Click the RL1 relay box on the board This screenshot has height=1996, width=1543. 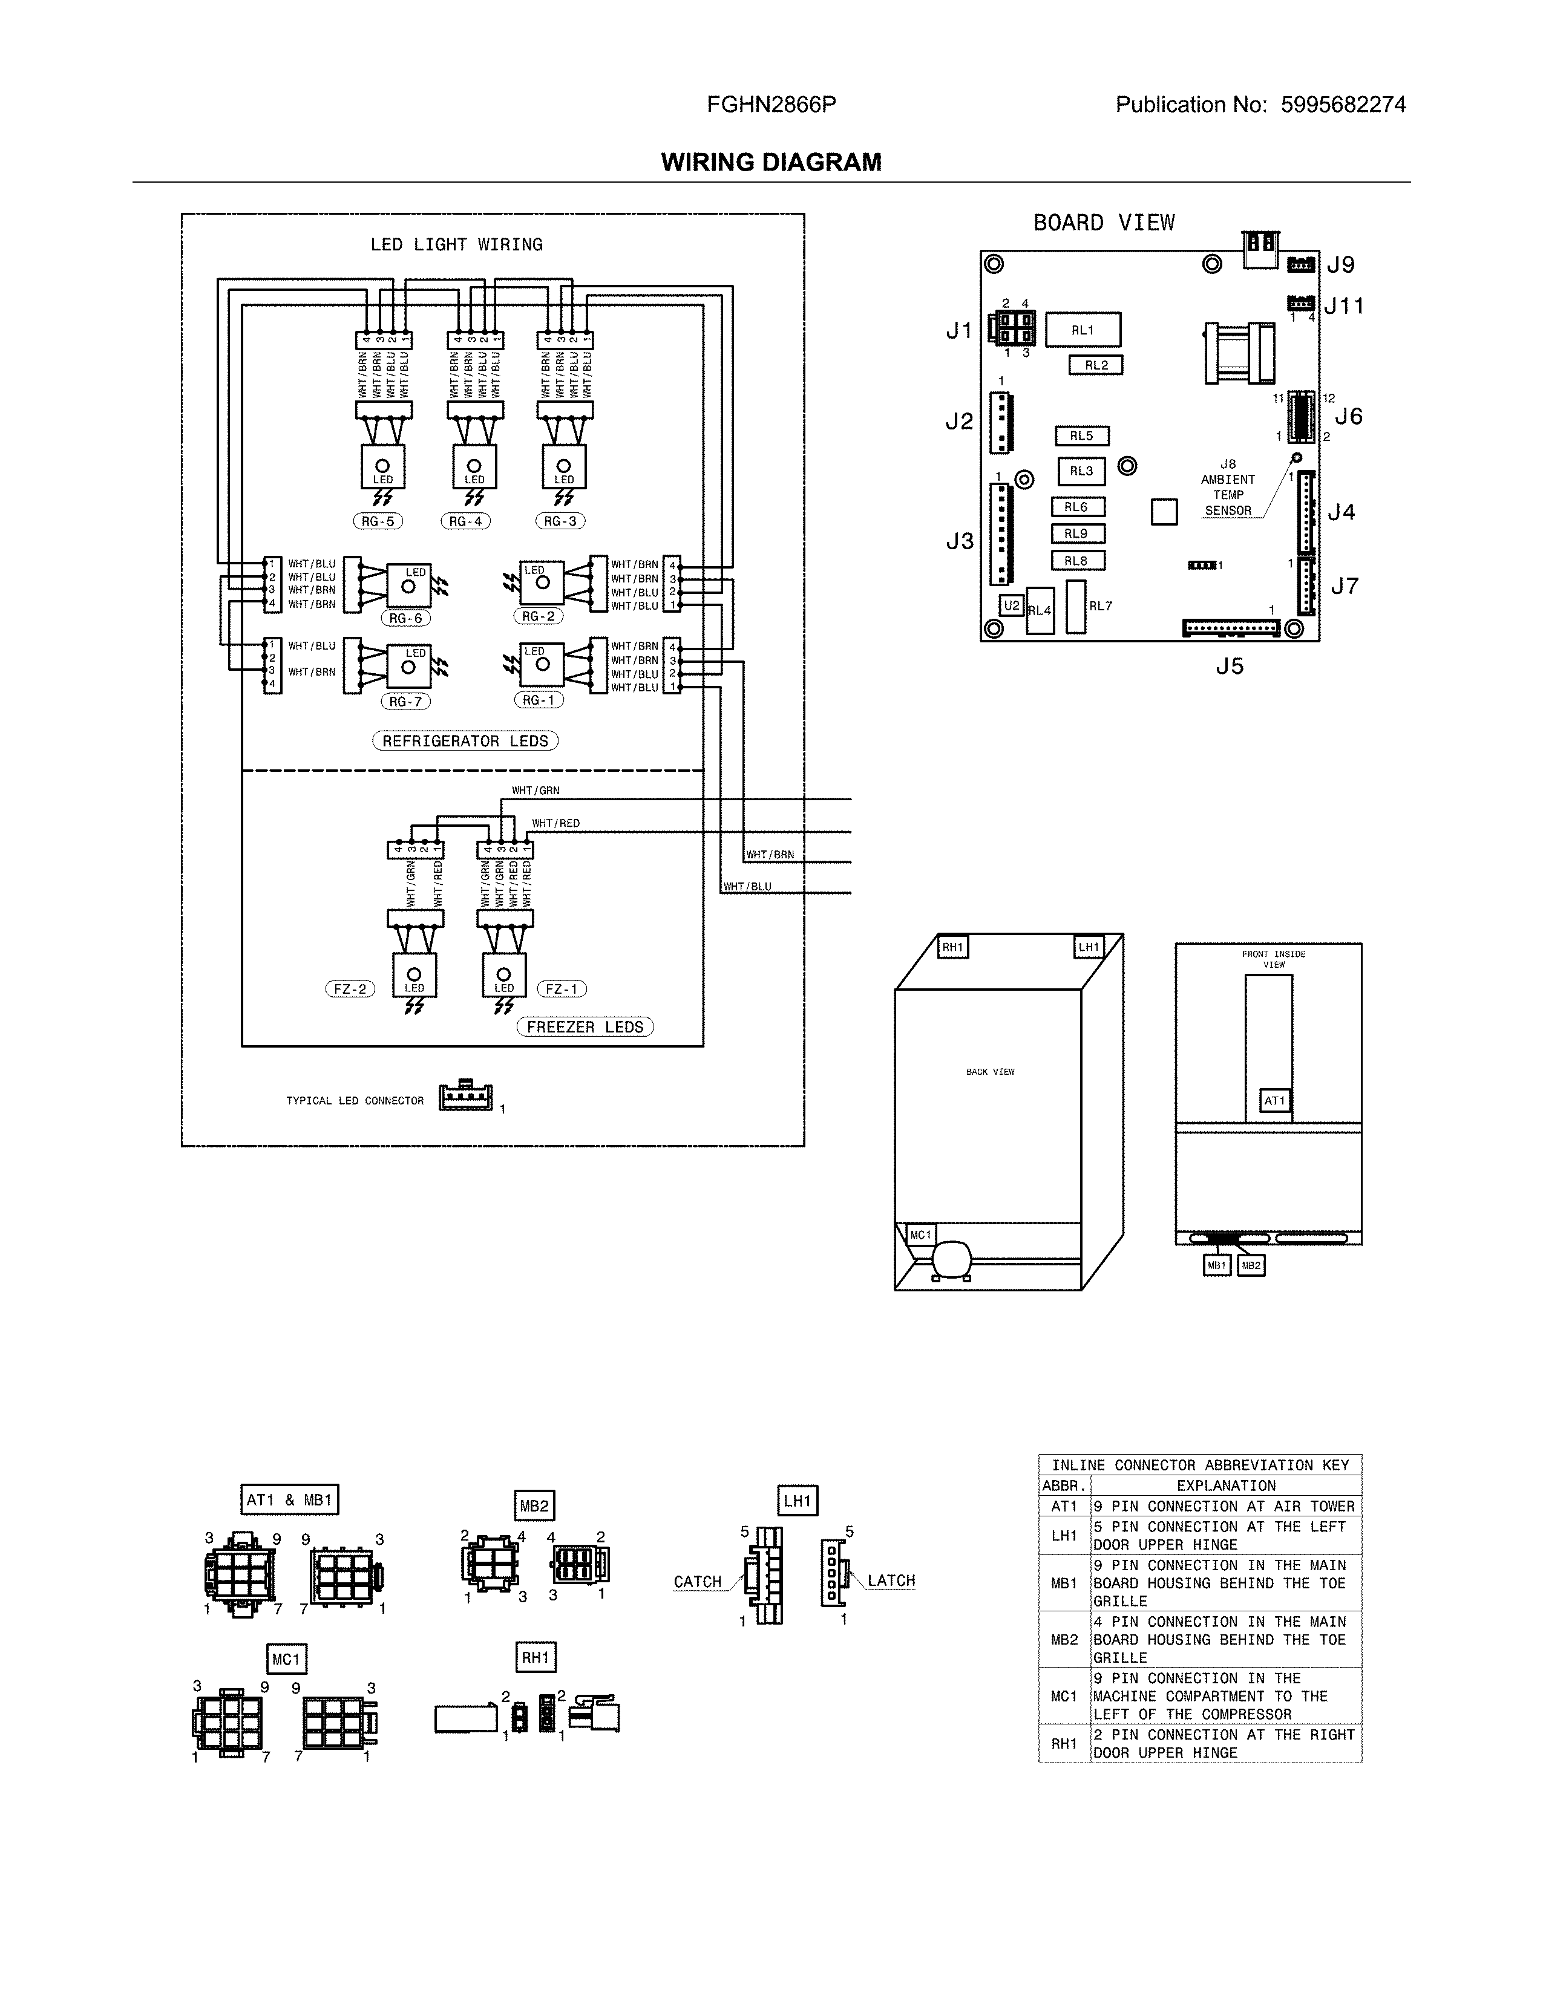point(1083,330)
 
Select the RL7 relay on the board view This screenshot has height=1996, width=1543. point(1076,607)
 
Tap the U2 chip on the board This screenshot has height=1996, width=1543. point(1011,606)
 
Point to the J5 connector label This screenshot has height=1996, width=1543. point(1230,667)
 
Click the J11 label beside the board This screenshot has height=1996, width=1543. point(1344,306)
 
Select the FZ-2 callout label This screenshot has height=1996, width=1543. point(350,989)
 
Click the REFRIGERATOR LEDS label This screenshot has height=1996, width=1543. point(465,741)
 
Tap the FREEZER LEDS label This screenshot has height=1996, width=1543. point(585,1027)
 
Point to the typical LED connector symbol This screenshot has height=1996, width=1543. point(465,1097)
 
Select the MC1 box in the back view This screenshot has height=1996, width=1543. point(920,1234)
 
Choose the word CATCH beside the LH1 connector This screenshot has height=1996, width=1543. point(698,1582)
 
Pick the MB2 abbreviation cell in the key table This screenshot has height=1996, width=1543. point(1064,1640)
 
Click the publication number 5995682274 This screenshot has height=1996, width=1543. point(1343,105)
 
